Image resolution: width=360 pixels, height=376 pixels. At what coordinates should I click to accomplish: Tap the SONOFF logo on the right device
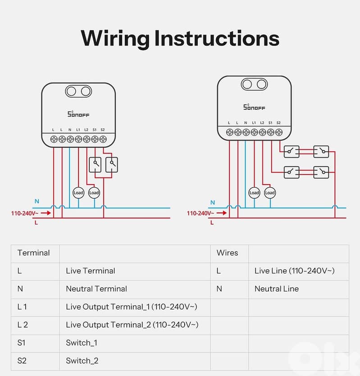pos(254,107)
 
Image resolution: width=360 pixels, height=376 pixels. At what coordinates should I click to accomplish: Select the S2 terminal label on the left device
pos(103,130)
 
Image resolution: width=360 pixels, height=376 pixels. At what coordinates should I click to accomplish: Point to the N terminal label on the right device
pos(246,122)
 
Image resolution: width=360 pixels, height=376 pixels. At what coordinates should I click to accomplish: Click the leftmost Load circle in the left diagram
pos(78,193)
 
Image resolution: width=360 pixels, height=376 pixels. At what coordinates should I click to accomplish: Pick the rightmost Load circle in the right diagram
pos(270,193)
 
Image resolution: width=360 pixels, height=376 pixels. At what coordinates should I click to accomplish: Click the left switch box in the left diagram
pos(95,165)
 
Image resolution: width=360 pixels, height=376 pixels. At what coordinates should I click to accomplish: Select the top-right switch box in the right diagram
pos(321,152)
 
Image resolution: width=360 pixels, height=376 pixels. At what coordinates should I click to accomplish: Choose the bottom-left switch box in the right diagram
pos(291,172)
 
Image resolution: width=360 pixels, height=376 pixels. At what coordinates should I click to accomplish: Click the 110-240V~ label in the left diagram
pos(25,213)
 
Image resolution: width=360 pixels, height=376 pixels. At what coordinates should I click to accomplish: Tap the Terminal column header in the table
pos(33,253)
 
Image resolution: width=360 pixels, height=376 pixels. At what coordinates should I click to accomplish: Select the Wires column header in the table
pos(227,253)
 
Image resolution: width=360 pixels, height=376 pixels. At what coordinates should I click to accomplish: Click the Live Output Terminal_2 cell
pos(132,325)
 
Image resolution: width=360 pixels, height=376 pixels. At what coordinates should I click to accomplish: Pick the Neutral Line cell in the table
pos(276,289)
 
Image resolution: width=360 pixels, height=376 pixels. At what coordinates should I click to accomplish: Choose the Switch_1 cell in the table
pos(81,343)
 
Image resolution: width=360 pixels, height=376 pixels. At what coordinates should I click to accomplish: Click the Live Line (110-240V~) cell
pos(294,271)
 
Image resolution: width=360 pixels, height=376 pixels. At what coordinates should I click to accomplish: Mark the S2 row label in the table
pos(22,361)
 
